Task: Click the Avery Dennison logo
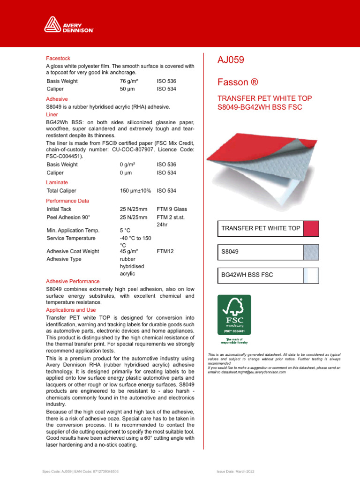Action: tap(69, 24)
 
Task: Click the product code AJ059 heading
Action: tap(231, 60)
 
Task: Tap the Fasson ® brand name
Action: tap(238, 82)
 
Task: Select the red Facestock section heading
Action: tap(58, 59)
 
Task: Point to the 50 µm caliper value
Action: tap(127, 89)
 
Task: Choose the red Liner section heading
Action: tap(52, 114)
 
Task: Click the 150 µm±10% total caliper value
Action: tap(136, 191)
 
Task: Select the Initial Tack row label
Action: tap(59, 209)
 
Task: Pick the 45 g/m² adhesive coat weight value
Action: tap(129, 251)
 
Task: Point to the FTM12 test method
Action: tap(165, 251)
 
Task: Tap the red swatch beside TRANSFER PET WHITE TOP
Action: tap(311, 229)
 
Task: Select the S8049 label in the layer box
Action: tap(230, 252)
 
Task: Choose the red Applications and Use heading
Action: tap(71, 310)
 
